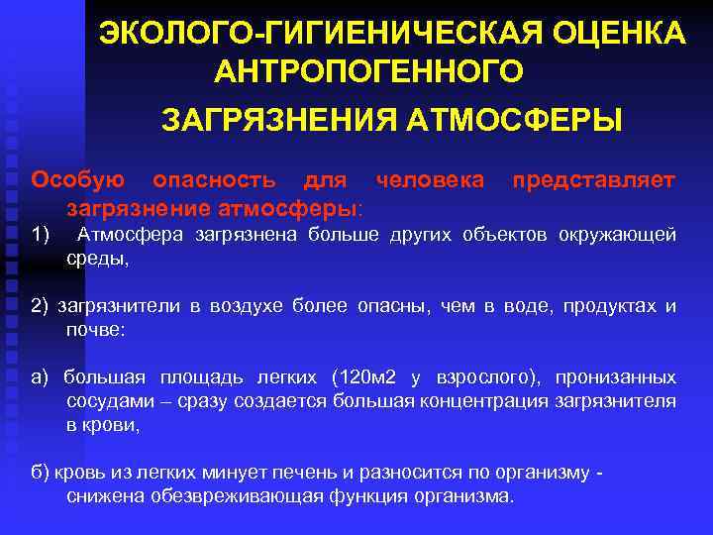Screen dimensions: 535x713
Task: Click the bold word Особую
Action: pos(78,179)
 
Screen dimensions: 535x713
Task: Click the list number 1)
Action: pos(41,235)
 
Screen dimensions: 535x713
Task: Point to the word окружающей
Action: pos(618,235)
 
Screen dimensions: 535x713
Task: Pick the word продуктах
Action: pos(609,306)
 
